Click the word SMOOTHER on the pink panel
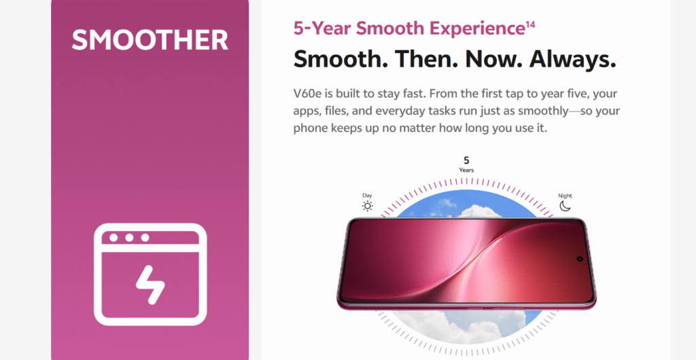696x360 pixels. click(150, 39)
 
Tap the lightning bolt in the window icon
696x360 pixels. click(150, 285)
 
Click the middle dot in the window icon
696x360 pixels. click(129, 238)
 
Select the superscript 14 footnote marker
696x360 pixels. click(530, 24)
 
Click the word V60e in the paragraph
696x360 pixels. click(307, 94)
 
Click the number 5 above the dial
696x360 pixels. click(466, 160)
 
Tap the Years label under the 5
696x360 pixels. click(466, 170)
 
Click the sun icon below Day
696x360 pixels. click(368, 206)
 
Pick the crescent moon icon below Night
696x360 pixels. click(565, 206)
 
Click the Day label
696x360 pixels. click(367, 196)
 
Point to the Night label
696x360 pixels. click(565, 196)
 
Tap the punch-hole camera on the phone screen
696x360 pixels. click(580, 259)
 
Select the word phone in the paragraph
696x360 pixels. click(307, 128)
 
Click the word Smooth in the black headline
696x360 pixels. click(341, 59)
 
